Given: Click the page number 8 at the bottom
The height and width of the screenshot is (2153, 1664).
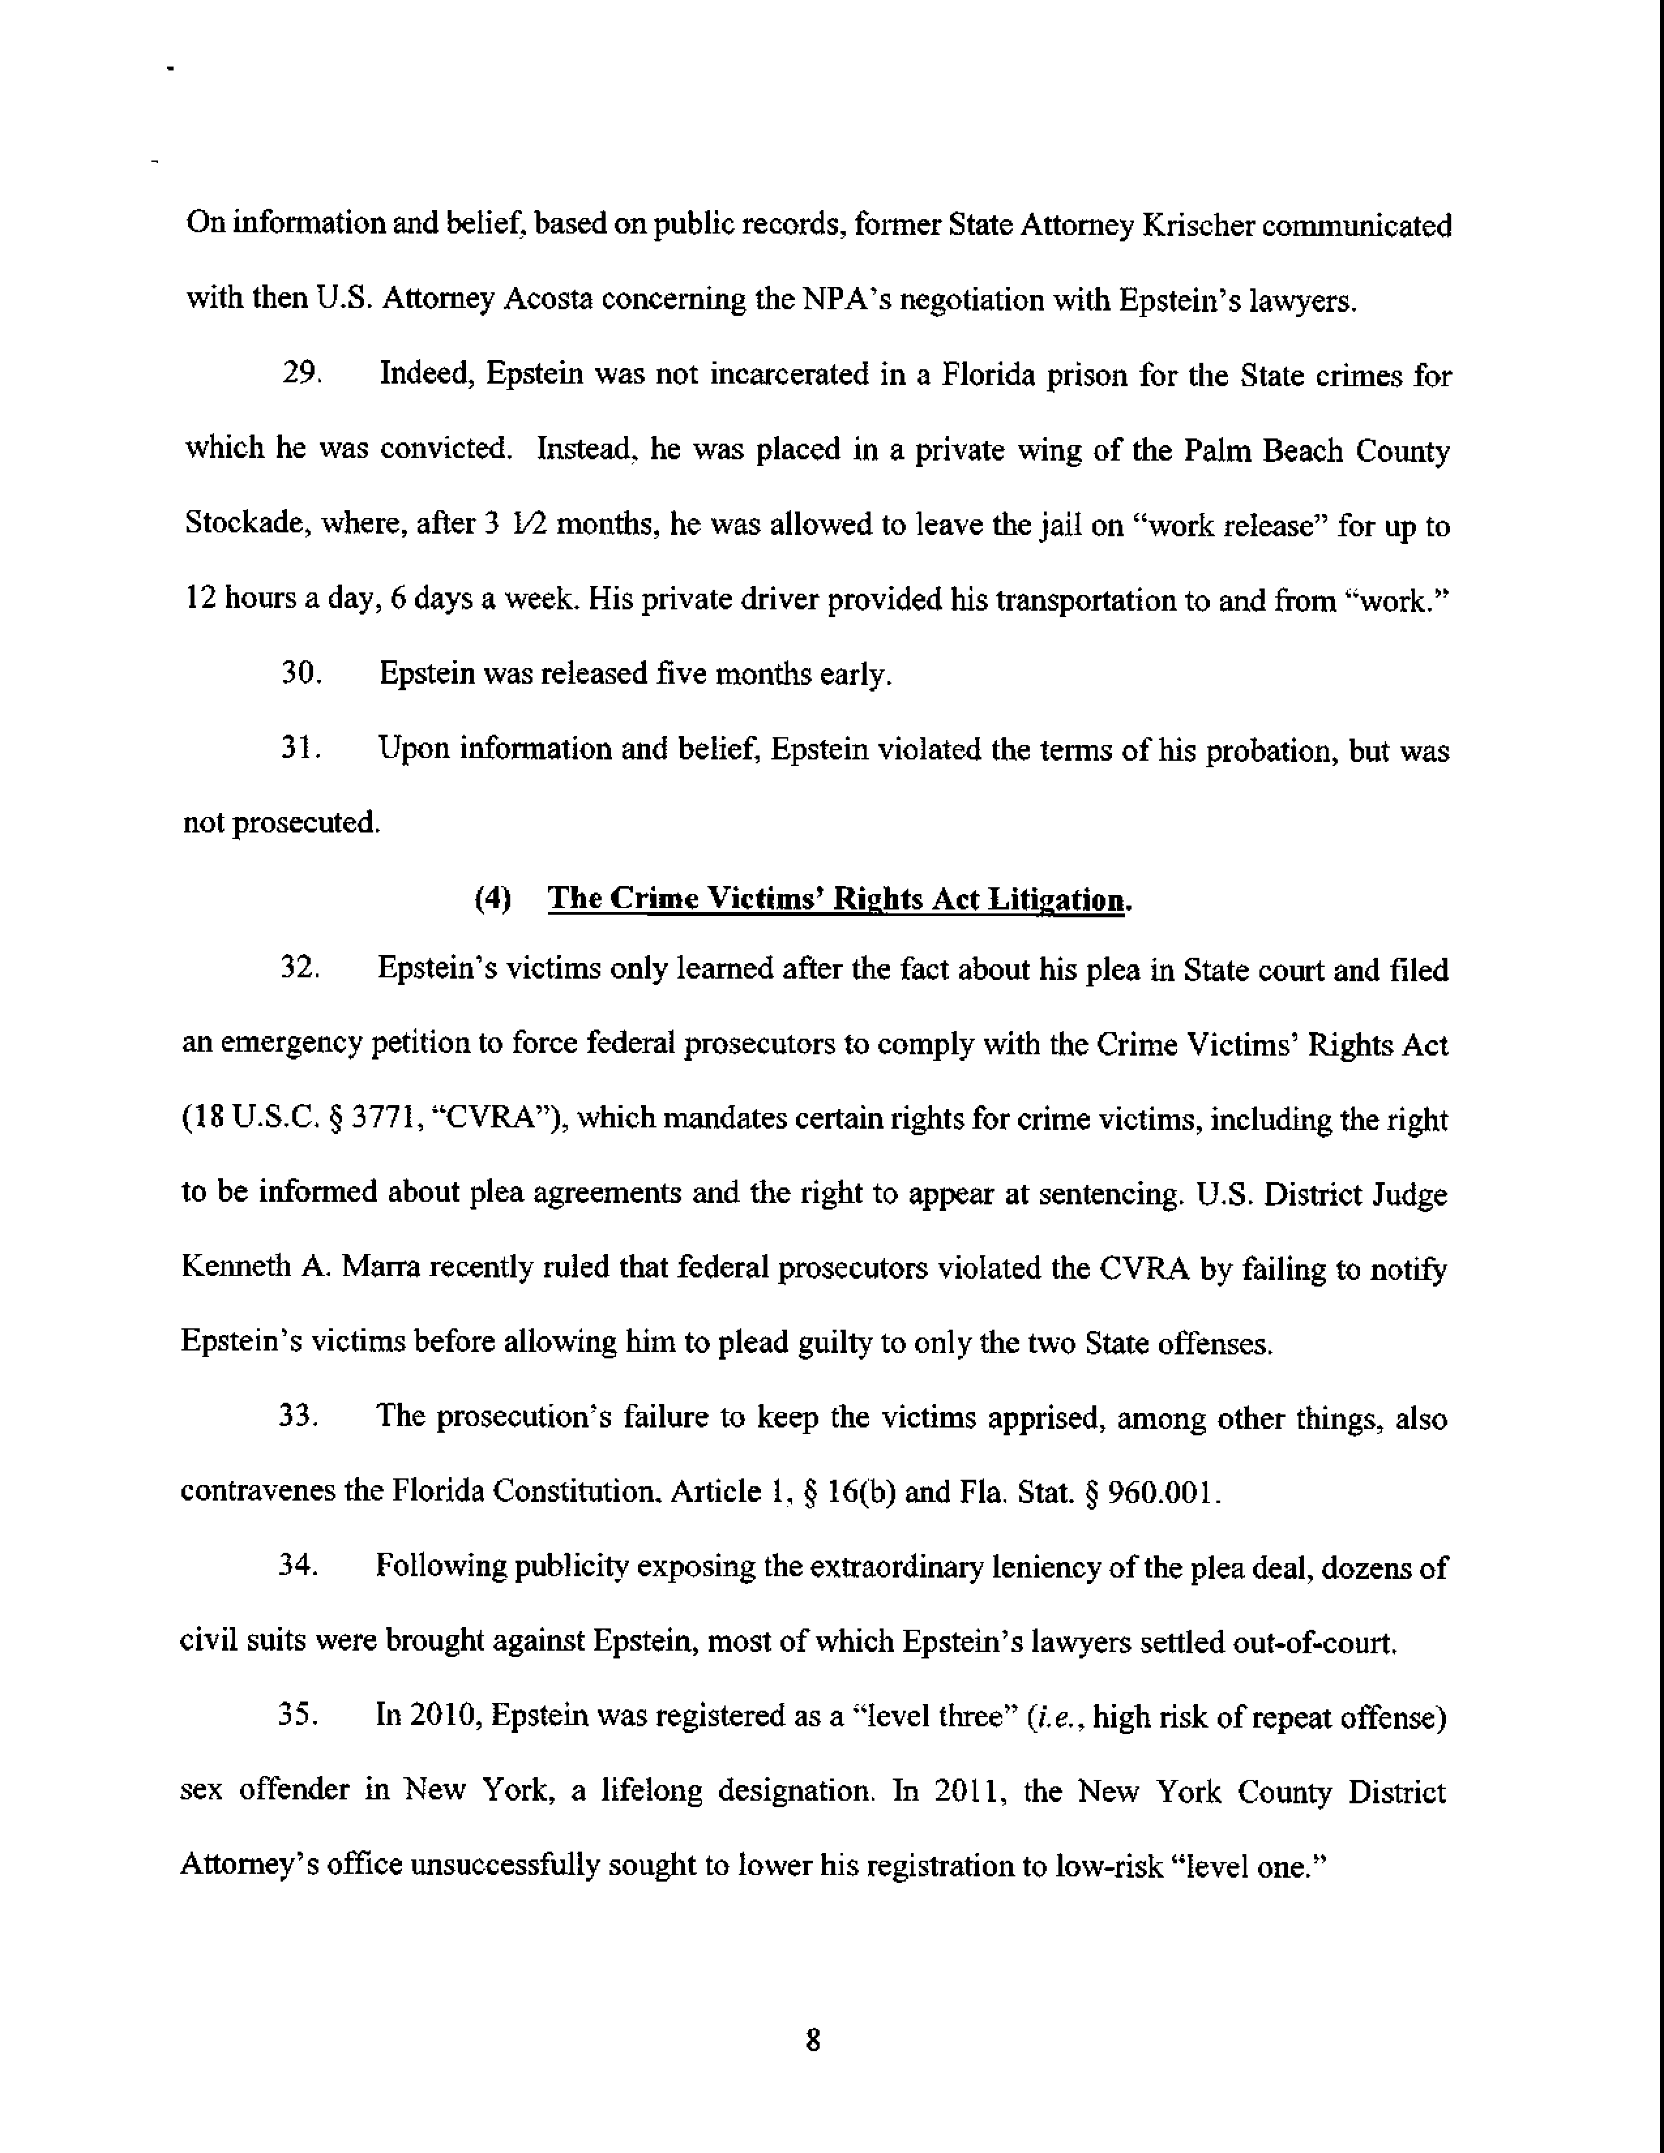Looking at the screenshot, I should (x=812, y=2039).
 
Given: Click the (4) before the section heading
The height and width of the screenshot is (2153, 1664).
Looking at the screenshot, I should (x=493, y=899).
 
